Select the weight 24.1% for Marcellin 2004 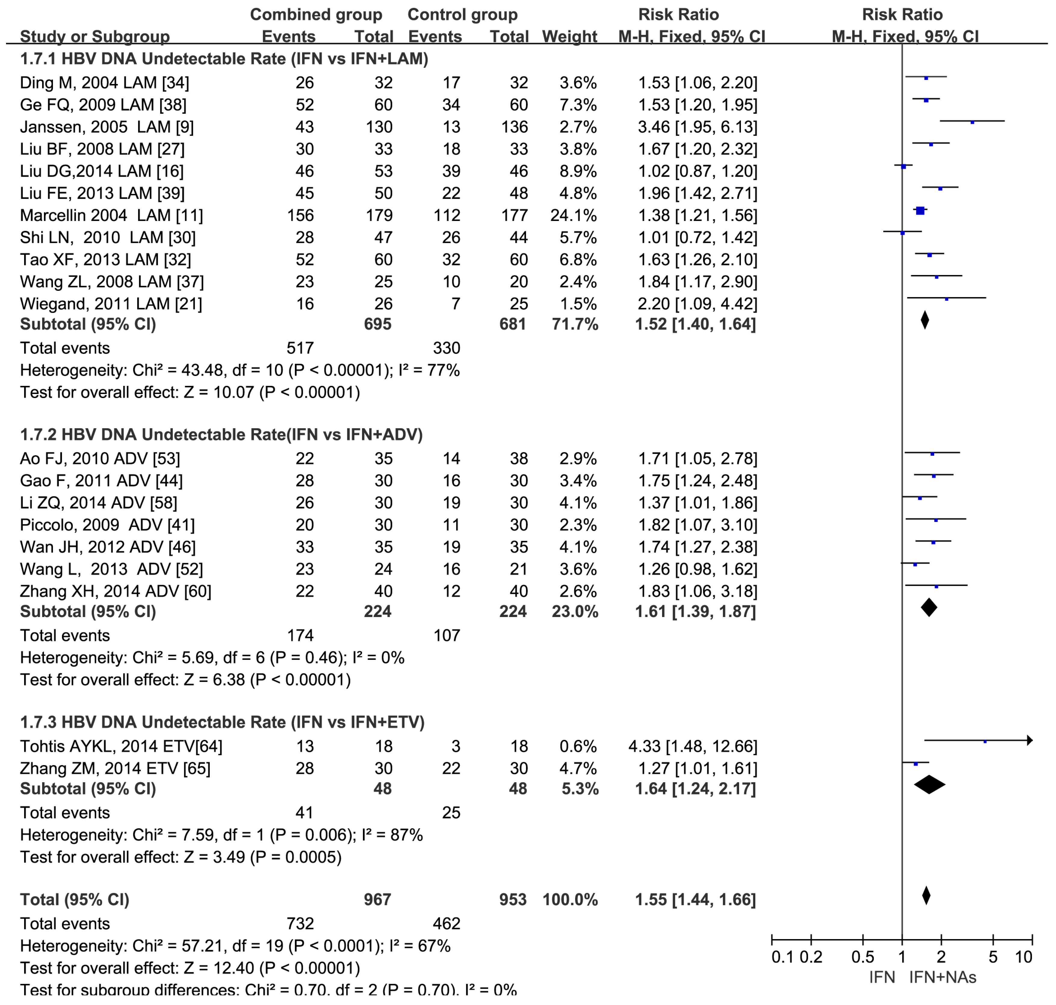click(573, 216)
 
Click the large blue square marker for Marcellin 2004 click(920, 211)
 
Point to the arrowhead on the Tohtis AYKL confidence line click(1029, 741)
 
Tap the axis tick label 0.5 click(863, 957)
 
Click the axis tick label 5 click(993, 957)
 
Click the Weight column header click(569, 36)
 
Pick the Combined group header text click(316, 14)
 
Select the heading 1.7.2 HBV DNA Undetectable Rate click(221, 434)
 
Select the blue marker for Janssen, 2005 click(972, 122)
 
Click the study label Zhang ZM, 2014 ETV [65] click(115, 769)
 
